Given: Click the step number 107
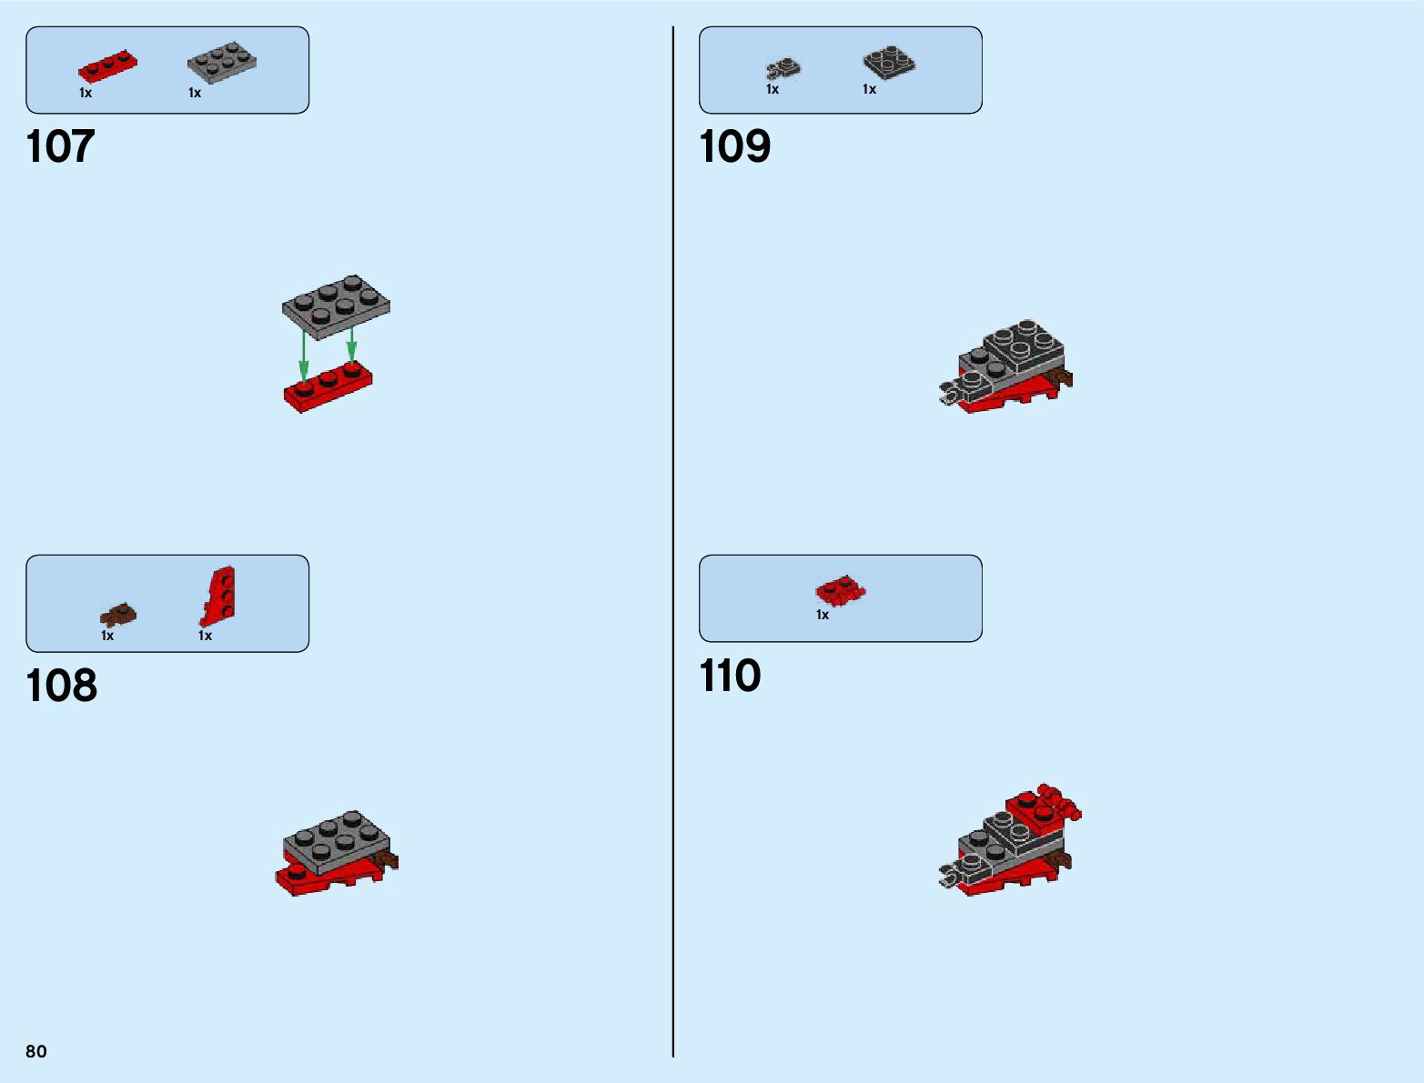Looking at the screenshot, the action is coord(60,146).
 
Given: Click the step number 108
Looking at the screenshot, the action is coord(61,686).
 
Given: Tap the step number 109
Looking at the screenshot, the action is coord(734,146).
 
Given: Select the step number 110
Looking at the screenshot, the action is coord(730,676).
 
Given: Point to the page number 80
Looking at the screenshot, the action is coord(36,1051).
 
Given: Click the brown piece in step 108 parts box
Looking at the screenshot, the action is coord(118,616).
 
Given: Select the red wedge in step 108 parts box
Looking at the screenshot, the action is coord(218,596).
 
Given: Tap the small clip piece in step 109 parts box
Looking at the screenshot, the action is coord(783,68).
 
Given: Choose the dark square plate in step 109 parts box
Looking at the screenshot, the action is coord(888,63).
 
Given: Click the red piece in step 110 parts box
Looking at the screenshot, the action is coord(840,591).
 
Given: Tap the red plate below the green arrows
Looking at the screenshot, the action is coord(328,388).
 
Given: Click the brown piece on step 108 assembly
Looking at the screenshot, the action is coord(389,860).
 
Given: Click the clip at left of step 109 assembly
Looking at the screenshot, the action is coord(952,392).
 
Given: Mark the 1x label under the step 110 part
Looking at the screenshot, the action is coord(823,616).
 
